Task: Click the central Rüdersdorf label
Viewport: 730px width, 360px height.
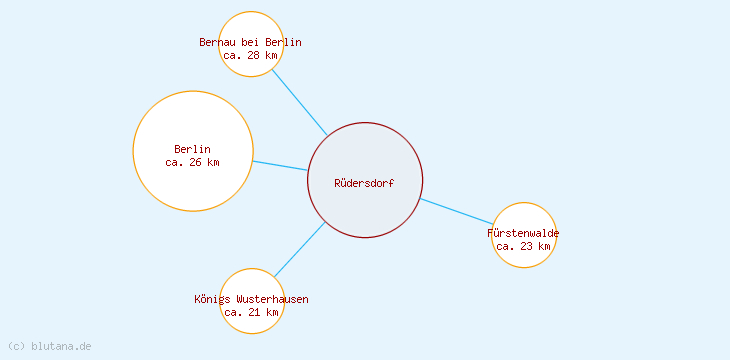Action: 364,183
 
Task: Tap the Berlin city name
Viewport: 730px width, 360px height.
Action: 192,149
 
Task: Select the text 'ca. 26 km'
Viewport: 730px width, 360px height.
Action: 192,162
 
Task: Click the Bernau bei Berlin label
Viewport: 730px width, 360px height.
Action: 250,42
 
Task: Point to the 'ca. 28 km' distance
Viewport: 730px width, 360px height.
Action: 250,55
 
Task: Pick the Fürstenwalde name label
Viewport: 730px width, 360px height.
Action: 523,233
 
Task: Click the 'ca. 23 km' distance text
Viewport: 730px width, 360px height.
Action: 523,246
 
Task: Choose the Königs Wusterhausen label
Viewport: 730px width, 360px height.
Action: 251,299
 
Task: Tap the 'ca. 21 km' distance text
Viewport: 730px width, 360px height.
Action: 251,312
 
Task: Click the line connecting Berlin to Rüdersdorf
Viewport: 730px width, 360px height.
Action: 280,165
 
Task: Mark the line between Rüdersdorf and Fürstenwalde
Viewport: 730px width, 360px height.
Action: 457,211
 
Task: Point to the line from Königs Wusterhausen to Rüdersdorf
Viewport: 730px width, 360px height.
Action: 299,249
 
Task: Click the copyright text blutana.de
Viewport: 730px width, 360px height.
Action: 49,346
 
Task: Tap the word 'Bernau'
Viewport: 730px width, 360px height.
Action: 217,42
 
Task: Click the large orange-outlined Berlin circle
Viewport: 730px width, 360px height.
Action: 192,190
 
